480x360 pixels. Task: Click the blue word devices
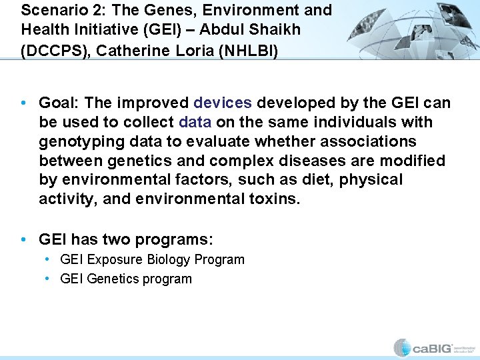point(223,103)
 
